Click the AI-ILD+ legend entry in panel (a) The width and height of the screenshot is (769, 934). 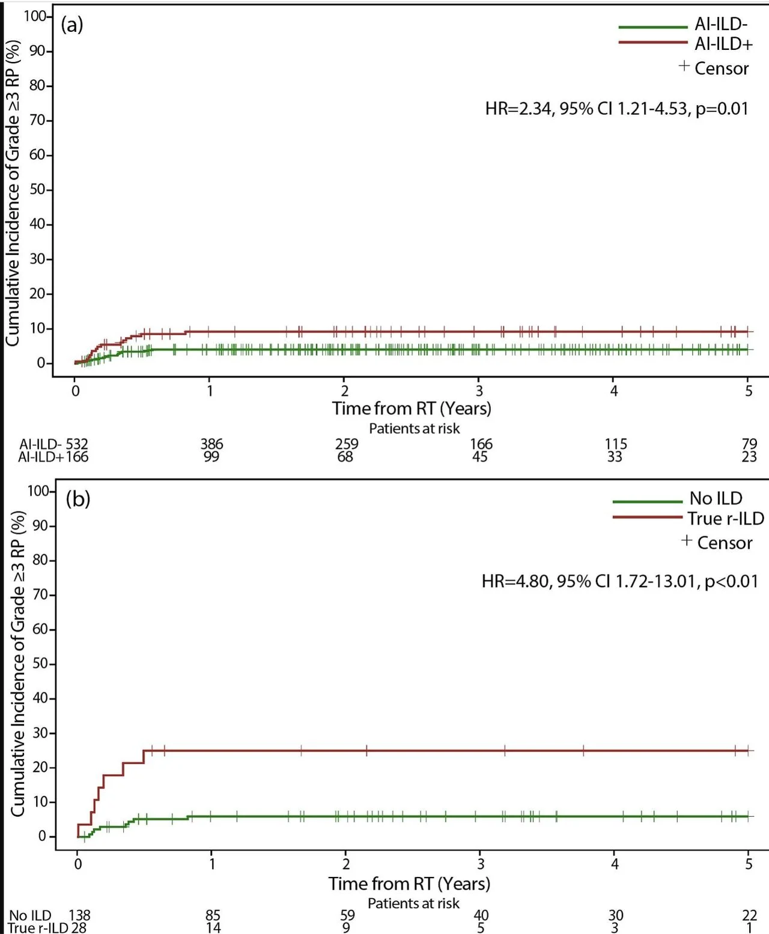click(723, 44)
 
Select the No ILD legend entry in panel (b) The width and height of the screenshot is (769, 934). click(716, 498)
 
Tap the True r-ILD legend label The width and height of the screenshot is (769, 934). click(725, 518)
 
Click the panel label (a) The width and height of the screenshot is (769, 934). click(72, 25)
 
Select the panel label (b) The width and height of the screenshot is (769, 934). click(78, 498)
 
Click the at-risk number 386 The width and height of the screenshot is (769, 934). click(211, 444)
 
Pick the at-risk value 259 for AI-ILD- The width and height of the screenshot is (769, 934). click(347, 444)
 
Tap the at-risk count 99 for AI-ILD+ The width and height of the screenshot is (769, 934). click(211, 457)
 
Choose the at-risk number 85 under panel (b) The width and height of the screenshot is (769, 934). click(213, 915)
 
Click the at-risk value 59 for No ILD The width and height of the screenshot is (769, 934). click(347, 915)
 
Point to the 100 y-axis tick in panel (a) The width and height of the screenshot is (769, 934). click(35, 16)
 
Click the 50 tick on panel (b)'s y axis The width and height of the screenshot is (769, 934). click(40, 664)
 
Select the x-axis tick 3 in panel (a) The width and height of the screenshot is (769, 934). click(479, 391)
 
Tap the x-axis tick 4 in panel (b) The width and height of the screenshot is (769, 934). click(615, 864)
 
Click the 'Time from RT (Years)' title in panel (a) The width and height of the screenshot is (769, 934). click(412, 409)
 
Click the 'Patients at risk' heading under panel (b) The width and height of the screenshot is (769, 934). click(413, 903)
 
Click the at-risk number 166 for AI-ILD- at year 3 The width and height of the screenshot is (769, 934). click(481, 444)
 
